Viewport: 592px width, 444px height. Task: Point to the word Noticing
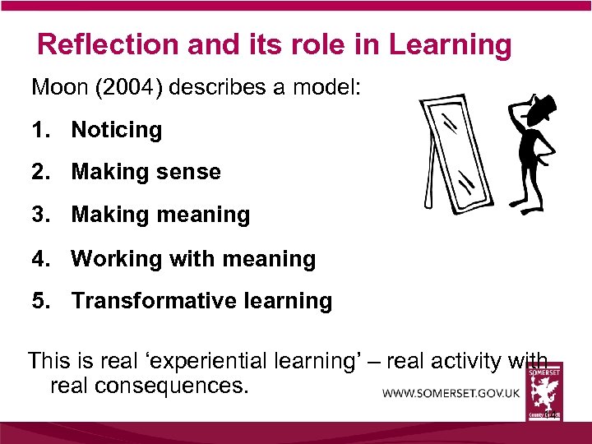point(117,130)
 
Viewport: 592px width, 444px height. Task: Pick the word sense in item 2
point(191,172)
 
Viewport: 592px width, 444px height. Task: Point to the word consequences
point(149,384)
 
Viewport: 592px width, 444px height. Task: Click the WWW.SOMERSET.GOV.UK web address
point(451,393)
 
